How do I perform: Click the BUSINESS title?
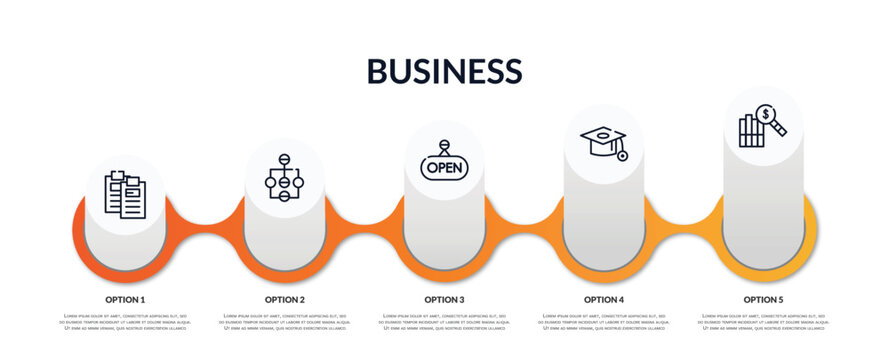tap(444, 70)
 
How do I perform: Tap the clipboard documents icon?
tap(125, 194)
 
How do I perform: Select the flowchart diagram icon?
tap(284, 177)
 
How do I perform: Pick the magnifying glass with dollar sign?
tap(771, 119)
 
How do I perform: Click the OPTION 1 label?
tap(125, 299)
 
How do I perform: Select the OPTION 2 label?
tap(285, 299)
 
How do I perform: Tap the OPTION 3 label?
tap(444, 299)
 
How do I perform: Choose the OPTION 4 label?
tap(604, 299)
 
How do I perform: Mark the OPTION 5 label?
tap(763, 299)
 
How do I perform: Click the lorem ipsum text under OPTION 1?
tap(125, 322)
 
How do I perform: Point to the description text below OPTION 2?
tap(285, 322)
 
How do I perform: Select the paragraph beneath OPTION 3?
tap(444, 322)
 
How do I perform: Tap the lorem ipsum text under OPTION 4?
tap(604, 322)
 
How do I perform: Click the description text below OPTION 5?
tap(763, 322)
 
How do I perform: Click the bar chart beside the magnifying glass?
tap(750, 132)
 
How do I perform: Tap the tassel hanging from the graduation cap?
tap(622, 155)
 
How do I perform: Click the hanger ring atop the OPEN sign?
tap(444, 145)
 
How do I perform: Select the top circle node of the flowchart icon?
tap(284, 159)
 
